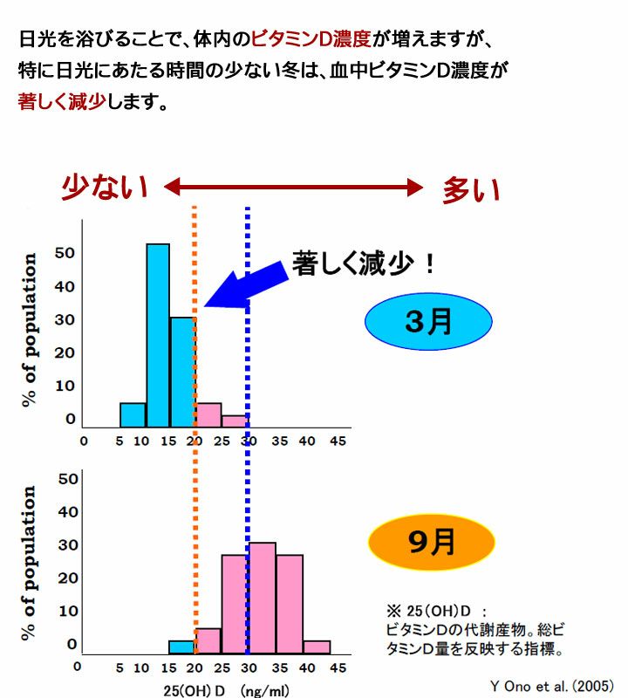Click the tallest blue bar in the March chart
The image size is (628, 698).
(x=158, y=335)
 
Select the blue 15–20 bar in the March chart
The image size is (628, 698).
(x=182, y=372)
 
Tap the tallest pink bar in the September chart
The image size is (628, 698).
(x=263, y=598)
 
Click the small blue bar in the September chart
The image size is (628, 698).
(x=181, y=647)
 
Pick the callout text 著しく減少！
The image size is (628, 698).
(x=364, y=263)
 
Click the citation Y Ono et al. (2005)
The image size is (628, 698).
(x=551, y=683)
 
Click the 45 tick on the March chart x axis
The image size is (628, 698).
(x=335, y=441)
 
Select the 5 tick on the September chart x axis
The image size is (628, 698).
(x=119, y=669)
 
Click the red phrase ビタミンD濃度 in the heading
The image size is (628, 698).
(x=311, y=39)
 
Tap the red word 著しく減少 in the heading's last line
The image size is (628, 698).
(x=62, y=100)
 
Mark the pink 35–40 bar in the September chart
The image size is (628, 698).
(x=290, y=604)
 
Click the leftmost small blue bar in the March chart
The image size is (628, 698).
(x=133, y=415)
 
